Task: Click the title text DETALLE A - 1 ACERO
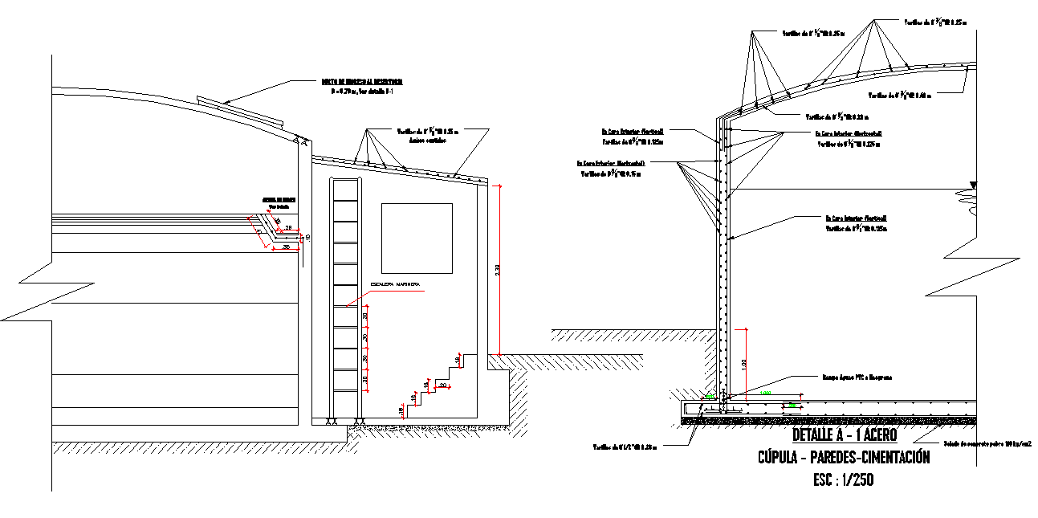(844, 435)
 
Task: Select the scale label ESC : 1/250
(843, 480)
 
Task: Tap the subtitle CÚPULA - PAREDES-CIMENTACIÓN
(844, 458)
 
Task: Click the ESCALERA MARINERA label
(396, 286)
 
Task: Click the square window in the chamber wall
(417, 239)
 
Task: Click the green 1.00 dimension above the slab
(764, 393)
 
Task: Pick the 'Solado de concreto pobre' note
(987, 443)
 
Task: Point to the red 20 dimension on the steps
(443, 385)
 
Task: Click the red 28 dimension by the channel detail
(289, 228)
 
